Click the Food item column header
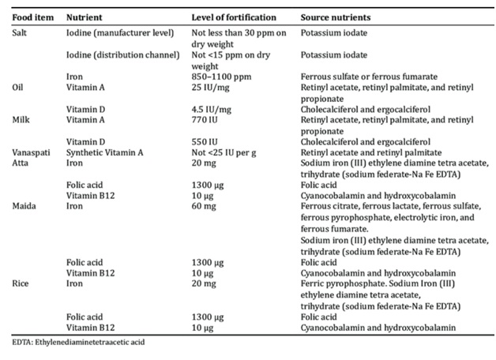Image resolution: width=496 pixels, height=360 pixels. point(33,17)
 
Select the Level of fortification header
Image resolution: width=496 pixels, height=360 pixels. point(232,17)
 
